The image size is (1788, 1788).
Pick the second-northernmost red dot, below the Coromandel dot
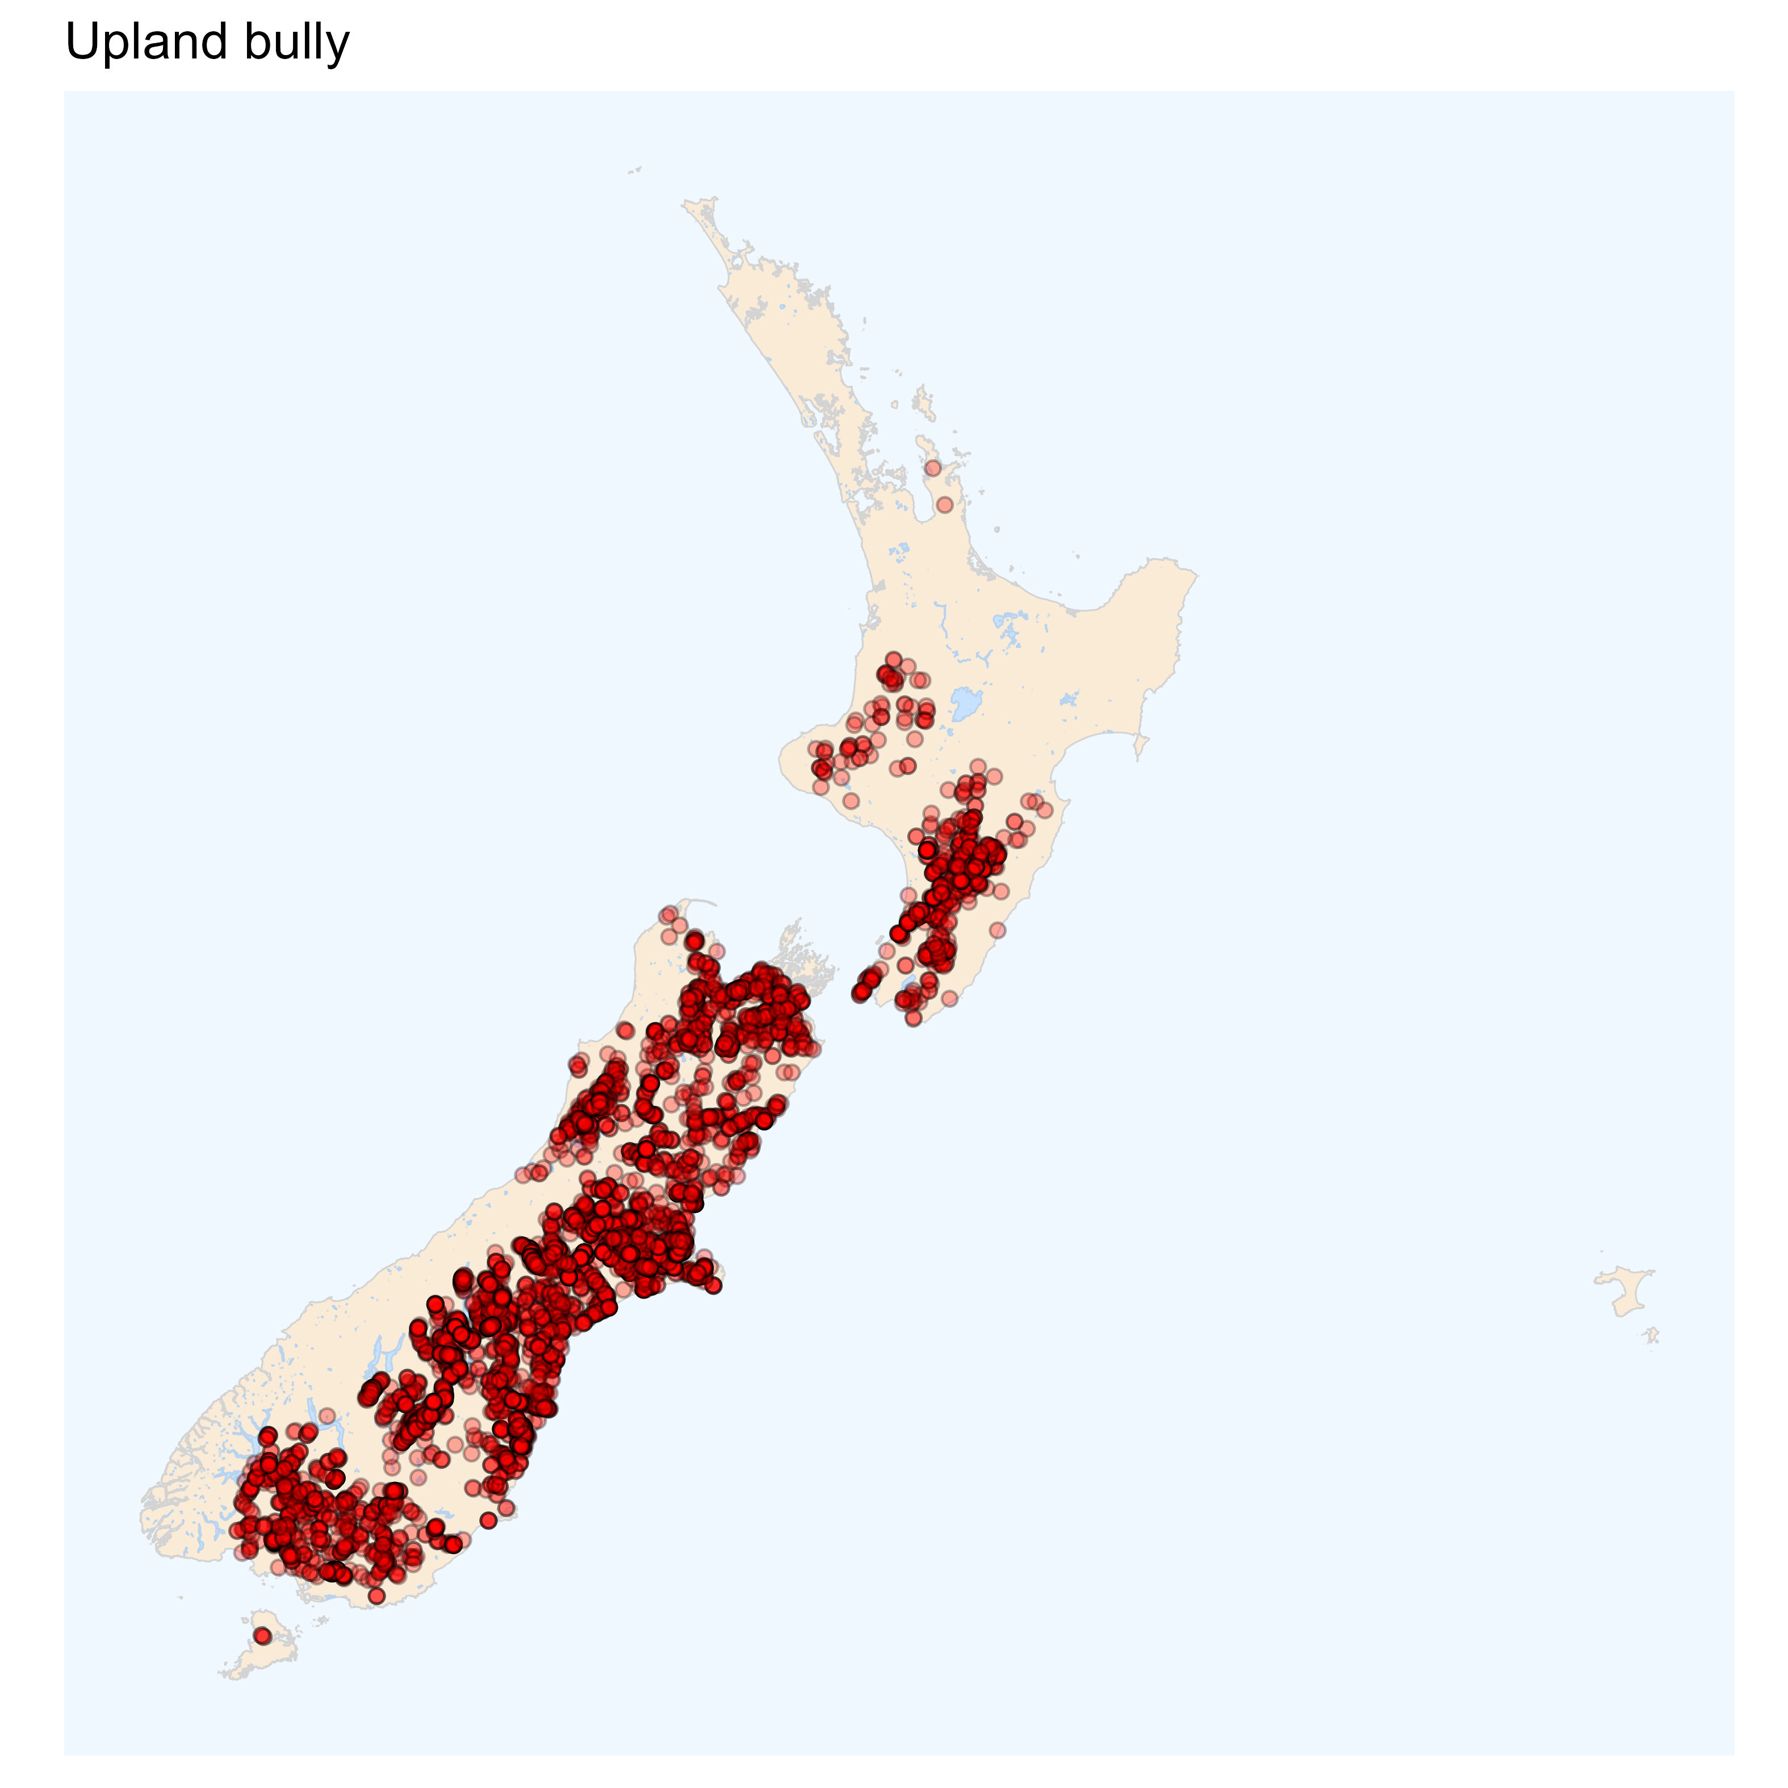(x=944, y=504)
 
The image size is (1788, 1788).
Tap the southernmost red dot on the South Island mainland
(x=376, y=1596)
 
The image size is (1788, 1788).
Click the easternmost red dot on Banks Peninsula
(x=713, y=1284)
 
